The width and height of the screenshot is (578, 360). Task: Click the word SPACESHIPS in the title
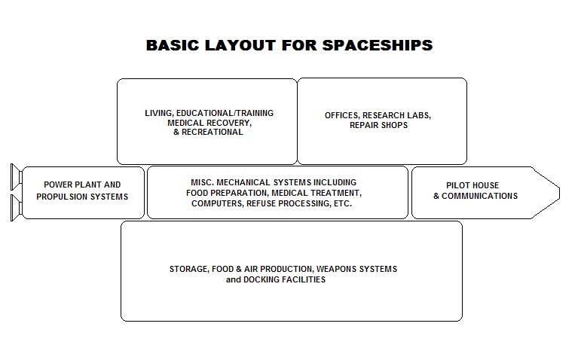378,45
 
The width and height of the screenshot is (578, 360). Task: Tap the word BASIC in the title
173,45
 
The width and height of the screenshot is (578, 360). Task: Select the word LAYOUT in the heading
240,45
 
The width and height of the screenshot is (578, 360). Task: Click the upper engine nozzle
17,177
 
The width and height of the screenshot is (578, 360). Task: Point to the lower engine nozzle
17,208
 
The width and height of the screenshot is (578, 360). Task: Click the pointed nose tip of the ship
560,193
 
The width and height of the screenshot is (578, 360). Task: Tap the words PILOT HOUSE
472,185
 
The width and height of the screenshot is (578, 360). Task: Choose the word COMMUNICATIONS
479,196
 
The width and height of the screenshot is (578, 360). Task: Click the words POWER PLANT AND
82,185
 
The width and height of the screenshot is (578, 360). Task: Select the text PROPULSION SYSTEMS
82,197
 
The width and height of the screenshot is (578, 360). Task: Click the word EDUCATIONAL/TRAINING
225,113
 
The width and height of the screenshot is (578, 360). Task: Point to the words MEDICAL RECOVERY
209,123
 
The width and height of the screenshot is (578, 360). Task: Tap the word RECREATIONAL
213,132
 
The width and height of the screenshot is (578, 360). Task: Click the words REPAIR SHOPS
378,125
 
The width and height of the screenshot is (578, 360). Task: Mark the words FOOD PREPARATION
227,193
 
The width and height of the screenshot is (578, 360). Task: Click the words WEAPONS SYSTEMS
357,269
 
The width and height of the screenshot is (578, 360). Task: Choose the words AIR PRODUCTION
278,269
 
